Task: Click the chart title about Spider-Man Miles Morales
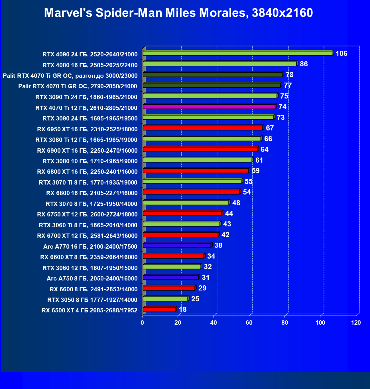pyautogui.click(x=178, y=13)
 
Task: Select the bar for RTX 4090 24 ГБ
pyautogui.click(x=237, y=53)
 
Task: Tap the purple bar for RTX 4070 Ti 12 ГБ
pyautogui.click(x=209, y=107)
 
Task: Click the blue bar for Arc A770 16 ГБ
pyautogui.click(x=177, y=245)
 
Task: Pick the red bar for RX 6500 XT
pyautogui.click(x=159, y=310)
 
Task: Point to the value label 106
pyautogui.click(x=341, y=54)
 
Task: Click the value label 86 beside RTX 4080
pyautogui.click(x=304, y=64)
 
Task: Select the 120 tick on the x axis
pyautogui.click(x=356, y=323)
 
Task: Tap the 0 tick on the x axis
pyautogui.click(x=143, y=323)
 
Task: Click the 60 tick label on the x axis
pyautogui.click(x=249, y=323)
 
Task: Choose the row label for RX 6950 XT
pyautogui.click(x=87, y=129)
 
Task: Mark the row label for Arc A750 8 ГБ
pyautogui.click(x=92, y=279)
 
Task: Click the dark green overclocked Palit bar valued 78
pyautogui.click(x=212, y=75)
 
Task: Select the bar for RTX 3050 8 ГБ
pyautogui.click(x=165, y=299)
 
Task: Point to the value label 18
pyautogui.click(x=183, y=310)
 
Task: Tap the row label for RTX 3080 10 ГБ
pyautogui.click(x=90, y=161)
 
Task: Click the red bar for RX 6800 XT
pyautogui.click(x=196, y=171)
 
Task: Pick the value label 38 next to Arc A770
pyautogui.click(x=218, y=245)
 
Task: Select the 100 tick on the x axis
pyautogui.click(x=320, y=323)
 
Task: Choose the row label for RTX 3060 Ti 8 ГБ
pyautogui.click(x=88, y=225)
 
